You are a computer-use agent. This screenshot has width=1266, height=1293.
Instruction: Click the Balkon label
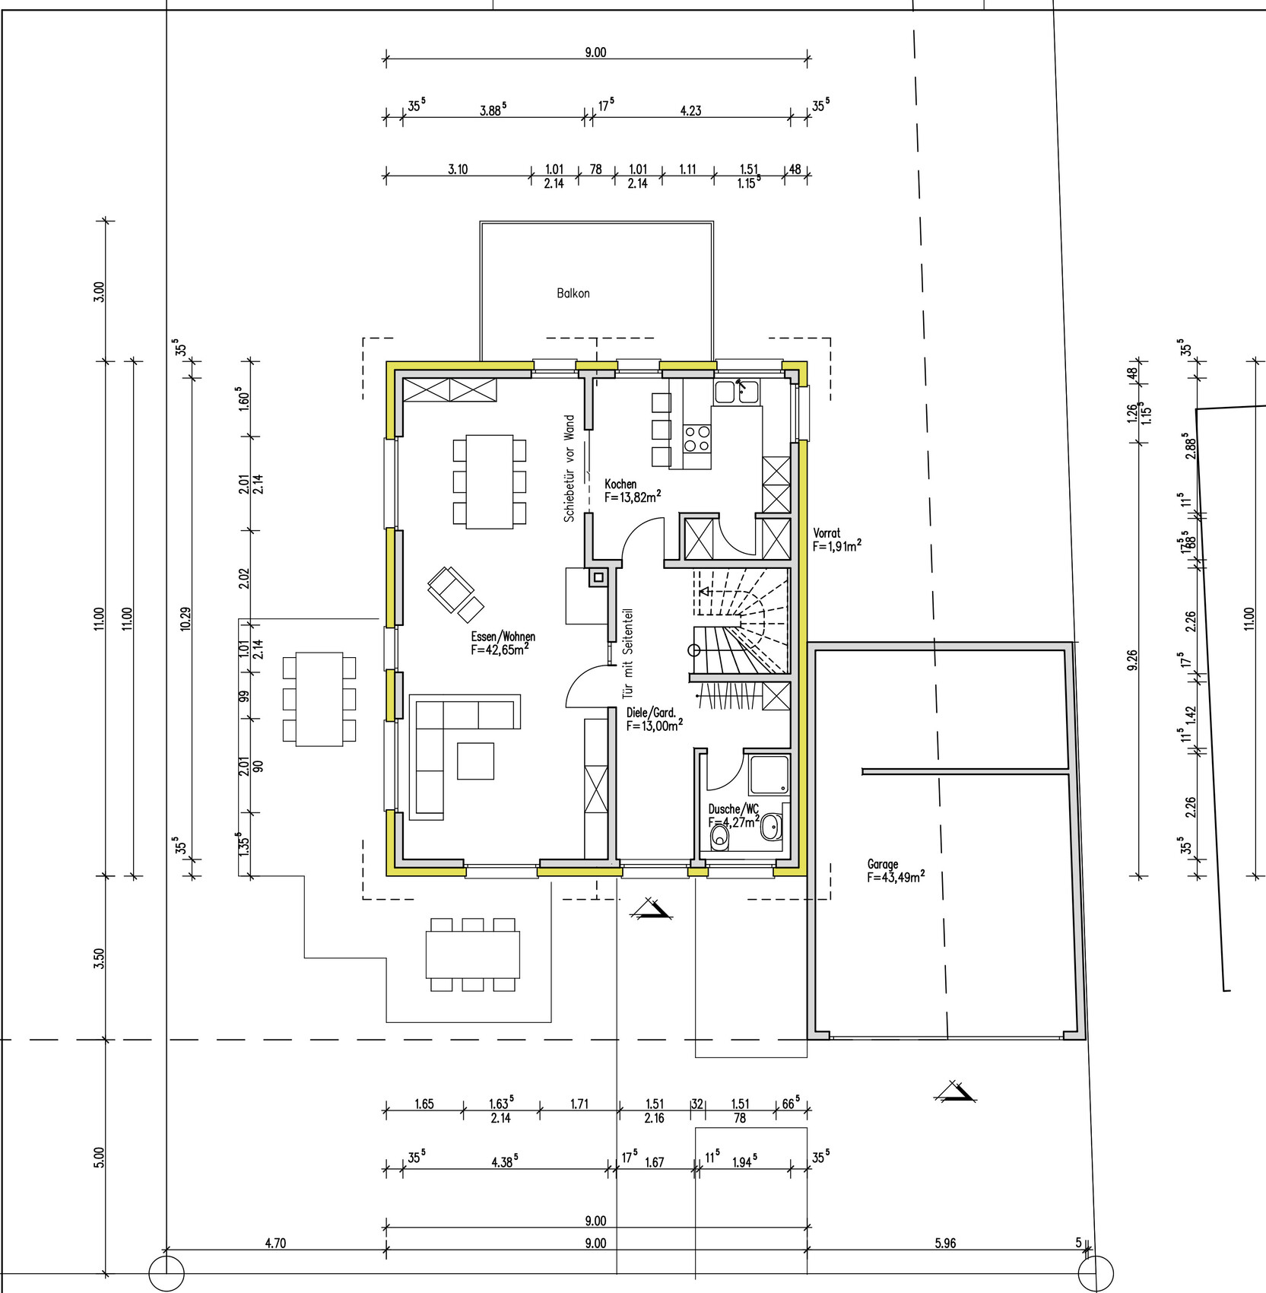pyautogui.click(x=573, y=293)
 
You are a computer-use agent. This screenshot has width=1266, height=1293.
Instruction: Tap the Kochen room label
pyautogui.click(x=620, y=484)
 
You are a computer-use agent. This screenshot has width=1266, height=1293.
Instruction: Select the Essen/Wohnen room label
pyautogui.click(x=503, y=637)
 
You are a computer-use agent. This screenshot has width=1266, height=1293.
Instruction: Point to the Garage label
pyautogui.click(x=883, y=864)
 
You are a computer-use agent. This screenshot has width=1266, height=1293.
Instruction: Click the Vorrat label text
pyautogui.click(x=827, y=534)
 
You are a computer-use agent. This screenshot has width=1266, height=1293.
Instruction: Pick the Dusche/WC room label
pyautogui.click(x=733, y=809)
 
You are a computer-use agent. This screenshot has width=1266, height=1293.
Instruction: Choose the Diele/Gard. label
pyautogui.click(x=651, y=713)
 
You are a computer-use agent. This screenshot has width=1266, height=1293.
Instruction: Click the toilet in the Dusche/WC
pyautogui.click(x=719, y=837)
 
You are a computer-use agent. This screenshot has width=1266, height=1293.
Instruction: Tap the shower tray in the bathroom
pyautogui.click(x=769, y=775)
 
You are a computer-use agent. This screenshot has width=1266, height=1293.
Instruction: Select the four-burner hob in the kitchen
pyautogui.click(x=697, y=439)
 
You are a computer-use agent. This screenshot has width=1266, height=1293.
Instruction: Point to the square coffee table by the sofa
pyautogui.click(x=475, y=761)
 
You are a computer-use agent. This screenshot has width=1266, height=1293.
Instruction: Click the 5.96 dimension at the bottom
pyautogui.click(x=945, y=1244)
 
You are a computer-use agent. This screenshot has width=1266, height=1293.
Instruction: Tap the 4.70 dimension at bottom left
pyautogui.click(x=275, y=1244)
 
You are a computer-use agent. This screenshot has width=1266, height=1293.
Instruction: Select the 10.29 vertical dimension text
pyautogui.click(x=186, y=618)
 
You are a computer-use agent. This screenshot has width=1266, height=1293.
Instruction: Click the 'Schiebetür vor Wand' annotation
pyautogui.click(x=569, y=468)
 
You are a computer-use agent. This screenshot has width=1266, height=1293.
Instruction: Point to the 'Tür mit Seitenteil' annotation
pyautogui.click(x=627, y=653)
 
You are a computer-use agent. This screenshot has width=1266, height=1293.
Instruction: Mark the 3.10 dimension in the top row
pyautogui.click(x=458, y=170)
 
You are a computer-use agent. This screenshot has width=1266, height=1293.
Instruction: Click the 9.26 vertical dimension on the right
pyautogui.click(x=1133, y=659)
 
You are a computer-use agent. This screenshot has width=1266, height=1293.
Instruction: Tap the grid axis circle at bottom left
pyautogui.click(x=166, y=1273)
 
